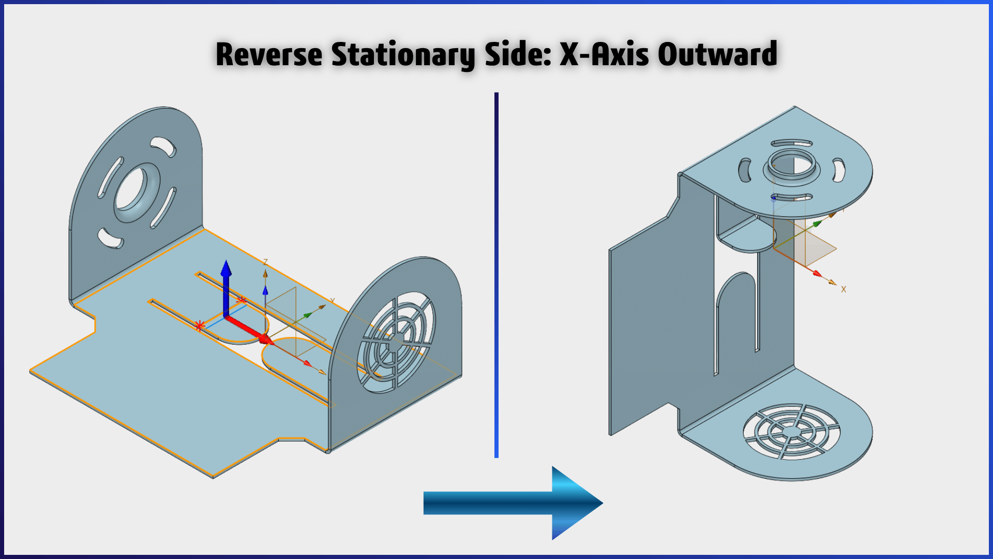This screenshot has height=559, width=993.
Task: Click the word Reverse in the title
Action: click(x=269, y=54)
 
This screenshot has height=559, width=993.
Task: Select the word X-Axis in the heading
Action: click(x=604, y=54)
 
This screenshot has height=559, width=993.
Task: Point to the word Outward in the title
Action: click(x=717, y=54)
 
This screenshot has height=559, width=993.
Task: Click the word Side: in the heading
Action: click(x=518, y=54)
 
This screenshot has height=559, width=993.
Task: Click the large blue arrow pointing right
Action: click(x=513, y=503)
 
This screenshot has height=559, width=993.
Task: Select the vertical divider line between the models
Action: click(x=496, y=275)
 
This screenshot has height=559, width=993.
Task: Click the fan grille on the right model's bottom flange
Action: click(x=791, y=431)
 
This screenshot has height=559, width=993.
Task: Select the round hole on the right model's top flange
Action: click(x=792, y=165)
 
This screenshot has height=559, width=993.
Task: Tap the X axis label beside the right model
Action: click(x=844, y=289)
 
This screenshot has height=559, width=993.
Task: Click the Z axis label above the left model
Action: click(x=265, y=262)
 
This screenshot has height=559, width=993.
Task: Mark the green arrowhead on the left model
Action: click(x=308, y=314)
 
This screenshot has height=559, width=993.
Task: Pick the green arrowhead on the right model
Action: click(x=818, y=224)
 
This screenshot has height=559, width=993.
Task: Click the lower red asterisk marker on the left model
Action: click(x=200, y=326)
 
